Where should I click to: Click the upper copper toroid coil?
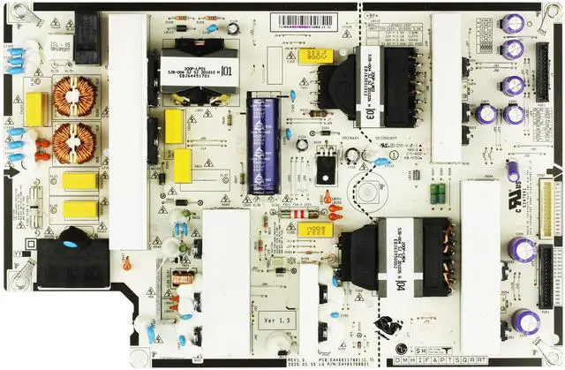click(74, 94)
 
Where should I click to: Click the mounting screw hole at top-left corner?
click(11, 11)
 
